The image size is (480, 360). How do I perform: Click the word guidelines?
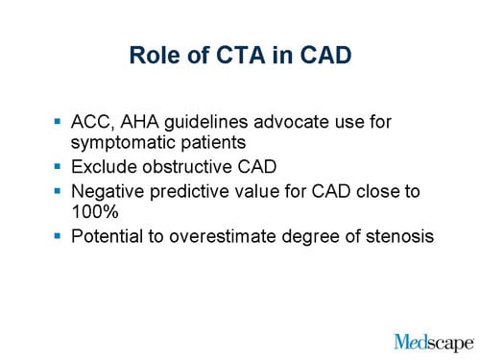(219, 123)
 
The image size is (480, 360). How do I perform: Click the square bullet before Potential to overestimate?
(60, 233)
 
